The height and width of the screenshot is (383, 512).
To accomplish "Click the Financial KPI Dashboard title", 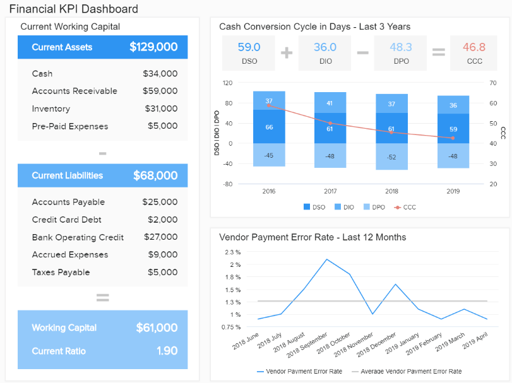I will (x=73, y=9).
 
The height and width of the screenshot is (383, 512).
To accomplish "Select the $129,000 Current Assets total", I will (x=153, y=47).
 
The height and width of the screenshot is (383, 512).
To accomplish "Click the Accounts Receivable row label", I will (x=74, y=91).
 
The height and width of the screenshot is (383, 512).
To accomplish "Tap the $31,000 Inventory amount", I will (x=160, y=109).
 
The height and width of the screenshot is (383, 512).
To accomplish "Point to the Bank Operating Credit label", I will (x=78, y=237).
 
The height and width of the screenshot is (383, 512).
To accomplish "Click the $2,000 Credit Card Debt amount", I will (x=163, y=220).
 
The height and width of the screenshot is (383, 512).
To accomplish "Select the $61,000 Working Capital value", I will (x=157, y=327).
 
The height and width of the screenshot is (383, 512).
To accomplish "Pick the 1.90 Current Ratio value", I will (x=166, y=351).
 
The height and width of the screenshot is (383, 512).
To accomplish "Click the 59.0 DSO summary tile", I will (x=249, y=52).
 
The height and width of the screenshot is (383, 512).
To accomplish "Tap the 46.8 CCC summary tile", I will (x=473, y=52).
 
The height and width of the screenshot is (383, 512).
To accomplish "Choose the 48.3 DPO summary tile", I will (x=401, y=52).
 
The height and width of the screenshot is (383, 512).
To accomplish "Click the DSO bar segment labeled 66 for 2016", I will (x=269, y=127).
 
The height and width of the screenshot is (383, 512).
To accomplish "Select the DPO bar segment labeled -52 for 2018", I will (x=391, y=156).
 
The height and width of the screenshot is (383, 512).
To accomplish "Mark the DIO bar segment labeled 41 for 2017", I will (x=330, y=103).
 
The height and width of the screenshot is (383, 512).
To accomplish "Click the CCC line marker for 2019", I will (x=453, y=138).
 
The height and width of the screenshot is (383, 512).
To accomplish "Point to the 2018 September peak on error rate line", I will (x=326, y=259).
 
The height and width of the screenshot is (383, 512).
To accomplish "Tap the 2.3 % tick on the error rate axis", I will (x=232, y=252).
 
